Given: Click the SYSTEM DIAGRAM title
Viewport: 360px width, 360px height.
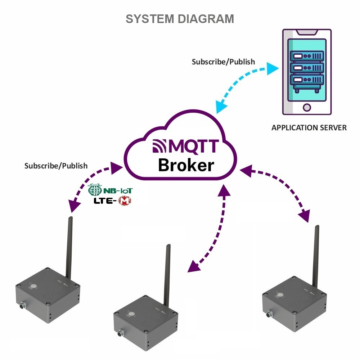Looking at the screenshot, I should (180, 19).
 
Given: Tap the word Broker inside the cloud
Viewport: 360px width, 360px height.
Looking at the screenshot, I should (186, 165).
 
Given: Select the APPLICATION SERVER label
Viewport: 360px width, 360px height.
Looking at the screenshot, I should (309, 127).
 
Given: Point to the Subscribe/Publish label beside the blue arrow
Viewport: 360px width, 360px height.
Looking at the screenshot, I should (223, 62).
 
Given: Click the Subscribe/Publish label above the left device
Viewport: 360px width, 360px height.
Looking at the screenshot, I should (56, 166).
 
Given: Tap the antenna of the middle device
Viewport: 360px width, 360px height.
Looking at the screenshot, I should (167, 274).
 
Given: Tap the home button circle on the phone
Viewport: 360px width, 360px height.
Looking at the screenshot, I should (307, 107).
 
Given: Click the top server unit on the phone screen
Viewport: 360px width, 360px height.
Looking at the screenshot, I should (307, 56).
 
